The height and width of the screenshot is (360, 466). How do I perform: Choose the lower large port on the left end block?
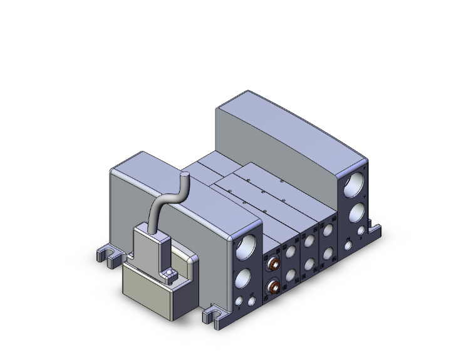pos(246,276)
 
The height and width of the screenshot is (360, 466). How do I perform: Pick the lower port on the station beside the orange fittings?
pos(291,275)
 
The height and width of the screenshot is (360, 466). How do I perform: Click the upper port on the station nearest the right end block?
pos(328,233)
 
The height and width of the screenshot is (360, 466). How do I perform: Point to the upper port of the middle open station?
pos(310,243)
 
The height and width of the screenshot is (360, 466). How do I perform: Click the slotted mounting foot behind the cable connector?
pos(107,255)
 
